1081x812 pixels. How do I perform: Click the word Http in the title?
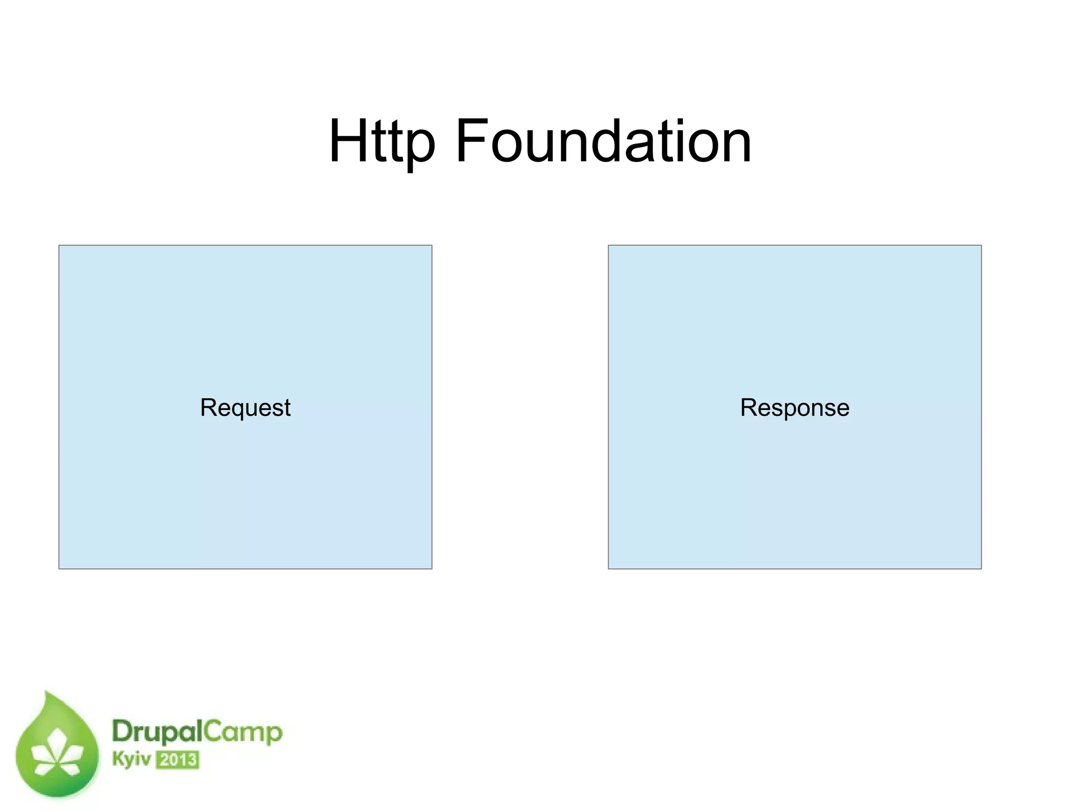point(382,141)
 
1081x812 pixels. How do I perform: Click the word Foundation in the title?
point(603,141)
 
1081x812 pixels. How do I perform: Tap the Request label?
point(245,407)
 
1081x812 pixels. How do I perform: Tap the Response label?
point(794,407)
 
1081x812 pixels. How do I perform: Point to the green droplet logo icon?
point(57,749)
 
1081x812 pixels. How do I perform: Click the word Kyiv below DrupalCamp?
point(131,759)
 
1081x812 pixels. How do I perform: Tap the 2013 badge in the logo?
point(177,760)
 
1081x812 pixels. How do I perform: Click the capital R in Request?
point(208,407)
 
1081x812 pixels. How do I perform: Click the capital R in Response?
point(748,407)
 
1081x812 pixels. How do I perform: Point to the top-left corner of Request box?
point(59,245)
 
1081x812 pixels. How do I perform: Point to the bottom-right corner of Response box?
point(981,569)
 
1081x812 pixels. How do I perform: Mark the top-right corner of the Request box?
point(432,245)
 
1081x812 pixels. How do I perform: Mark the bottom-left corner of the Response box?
point(609,569)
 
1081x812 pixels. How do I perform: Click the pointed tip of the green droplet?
point(47,692)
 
